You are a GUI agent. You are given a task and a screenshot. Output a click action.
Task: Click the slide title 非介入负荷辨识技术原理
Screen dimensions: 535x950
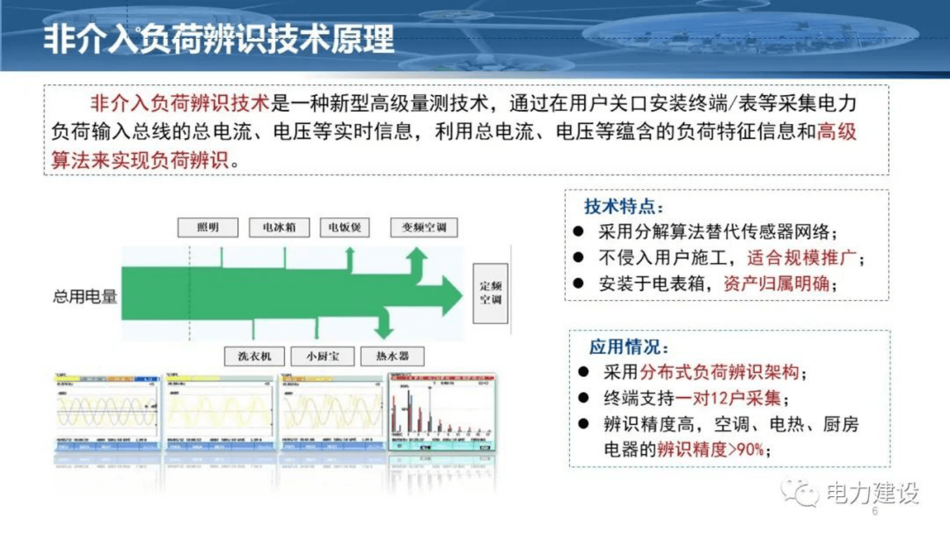click(218, 39)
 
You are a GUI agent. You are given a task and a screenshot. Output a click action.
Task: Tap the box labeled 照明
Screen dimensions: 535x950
click(208, 227)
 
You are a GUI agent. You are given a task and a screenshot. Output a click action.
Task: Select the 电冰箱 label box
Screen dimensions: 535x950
click(279, 227)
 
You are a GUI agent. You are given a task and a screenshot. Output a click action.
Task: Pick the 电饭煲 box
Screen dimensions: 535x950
click(344, 227)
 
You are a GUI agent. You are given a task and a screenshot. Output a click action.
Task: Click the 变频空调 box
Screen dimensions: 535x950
click(424, 227)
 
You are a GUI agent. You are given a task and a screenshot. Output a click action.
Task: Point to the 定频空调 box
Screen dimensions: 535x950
click(490, 293)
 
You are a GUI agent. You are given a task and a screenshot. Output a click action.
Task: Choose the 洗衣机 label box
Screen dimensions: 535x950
click(254, 356)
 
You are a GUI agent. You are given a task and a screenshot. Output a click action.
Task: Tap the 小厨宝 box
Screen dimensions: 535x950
click(322, 356)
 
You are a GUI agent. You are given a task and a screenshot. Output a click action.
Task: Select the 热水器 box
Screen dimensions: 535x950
click(392, 356)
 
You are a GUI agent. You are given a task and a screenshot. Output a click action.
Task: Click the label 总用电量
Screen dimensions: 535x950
click(85, 296)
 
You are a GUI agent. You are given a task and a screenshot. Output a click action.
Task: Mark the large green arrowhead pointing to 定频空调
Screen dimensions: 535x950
click(450, 295)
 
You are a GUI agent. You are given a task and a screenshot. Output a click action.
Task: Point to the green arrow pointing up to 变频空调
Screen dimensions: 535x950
click(417, 260)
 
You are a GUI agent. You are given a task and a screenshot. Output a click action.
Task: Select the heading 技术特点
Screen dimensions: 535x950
click(623, 206)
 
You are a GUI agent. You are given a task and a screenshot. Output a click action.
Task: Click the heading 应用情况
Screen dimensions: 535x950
click(628, 346)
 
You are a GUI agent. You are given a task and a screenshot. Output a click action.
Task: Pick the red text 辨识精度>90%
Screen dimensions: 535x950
click(710, 449)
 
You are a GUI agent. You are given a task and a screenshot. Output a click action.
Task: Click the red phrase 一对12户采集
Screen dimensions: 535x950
click(728, 398)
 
